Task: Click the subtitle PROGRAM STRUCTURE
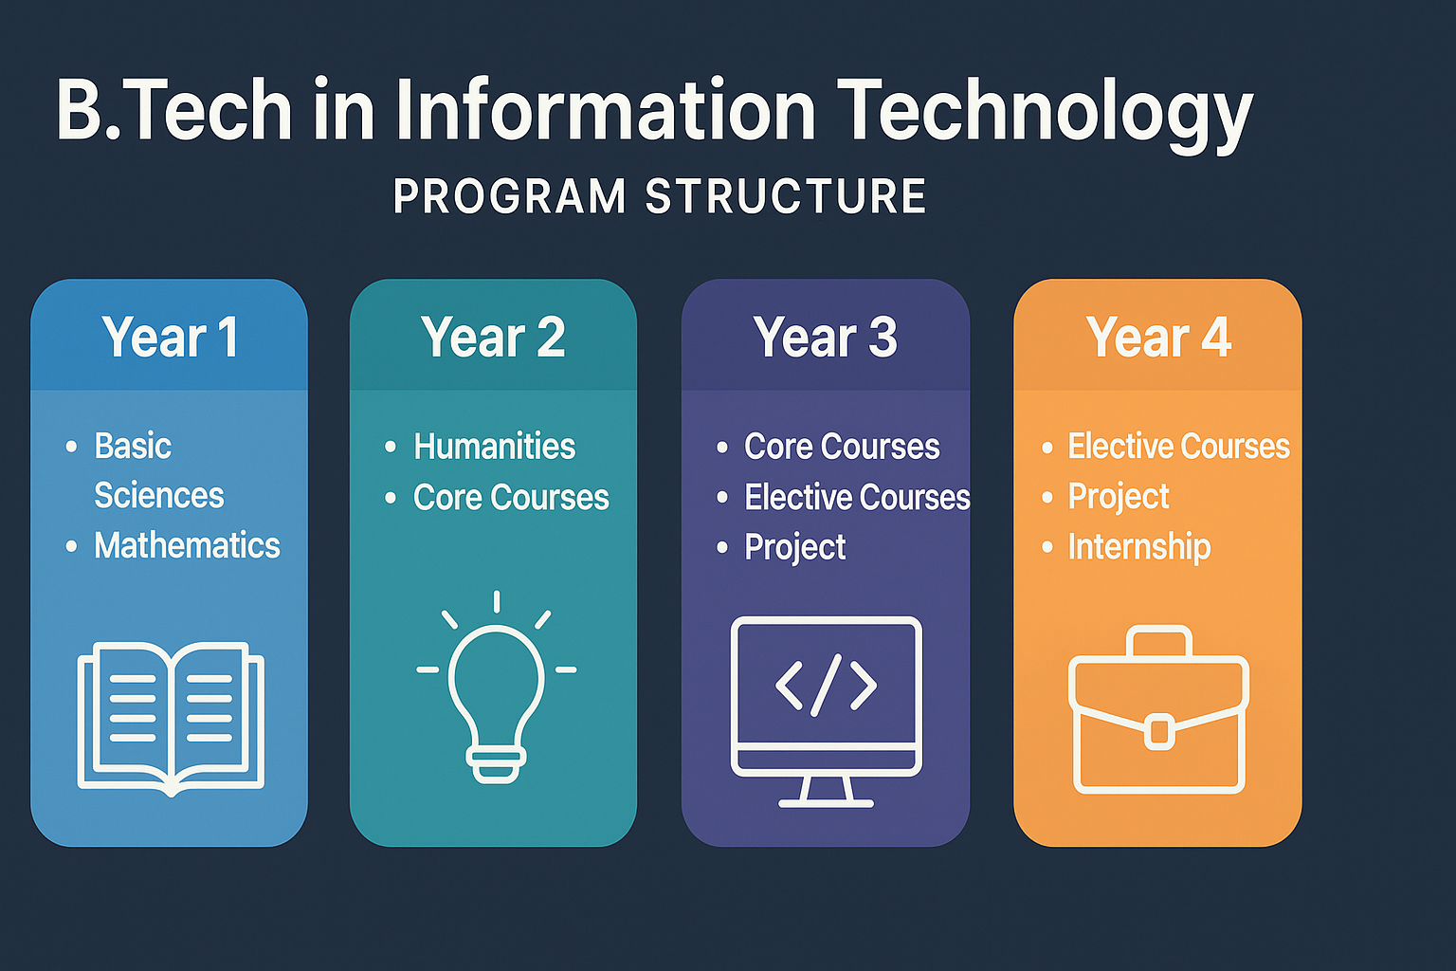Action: pyautogui.click(x=660, y=196)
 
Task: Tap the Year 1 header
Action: pyautogui.click(x=170, y=338)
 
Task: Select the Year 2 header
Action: pyautogui.click(x=493, y=338)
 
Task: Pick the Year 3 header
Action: pyautogui.click(x=825, y=338)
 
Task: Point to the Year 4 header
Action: pyautogui.click(x=1158, y=338)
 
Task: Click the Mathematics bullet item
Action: pyautogui.click(x=187, y=545)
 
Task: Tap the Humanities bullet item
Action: pyautogui.click(x=494, y=446)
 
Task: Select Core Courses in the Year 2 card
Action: pyautogui.click(x=511, y=497)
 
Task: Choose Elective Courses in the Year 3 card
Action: pyautogui.click(x=857, y=497)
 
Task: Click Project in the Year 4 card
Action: pyautogui.click(x=1119, y=496)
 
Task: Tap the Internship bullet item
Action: pyautogui.click(x=1138, y=546)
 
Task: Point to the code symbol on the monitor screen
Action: pyautogui.click(x=826, y=684)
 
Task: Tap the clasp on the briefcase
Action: pyautogui.click(x=1158, y=732)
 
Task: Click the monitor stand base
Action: pyautogui.click(x=826, y=802)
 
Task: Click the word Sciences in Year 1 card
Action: pyautogui.click(x=159, y=495)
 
